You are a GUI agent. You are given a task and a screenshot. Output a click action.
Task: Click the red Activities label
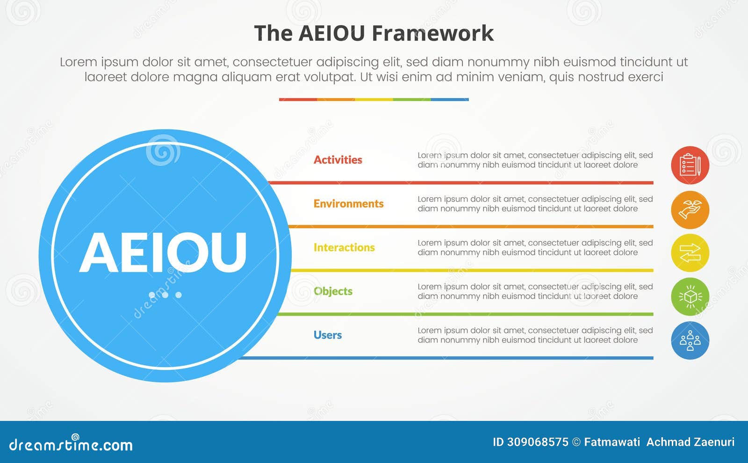tap(338, 160)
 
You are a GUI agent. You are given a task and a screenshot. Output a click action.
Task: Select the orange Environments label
tap(348, 204)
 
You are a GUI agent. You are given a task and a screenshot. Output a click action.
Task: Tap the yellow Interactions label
tap(344, 247)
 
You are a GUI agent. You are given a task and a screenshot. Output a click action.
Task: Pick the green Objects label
tap(333, 291)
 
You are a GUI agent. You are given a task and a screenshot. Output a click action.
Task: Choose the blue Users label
tap(327, 335)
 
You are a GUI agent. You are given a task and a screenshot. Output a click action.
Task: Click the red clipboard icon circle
tap(690, 165)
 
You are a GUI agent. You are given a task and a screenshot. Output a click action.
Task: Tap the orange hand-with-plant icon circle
tap(690, 210)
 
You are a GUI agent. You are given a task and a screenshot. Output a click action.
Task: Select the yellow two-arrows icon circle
tap(690, 253)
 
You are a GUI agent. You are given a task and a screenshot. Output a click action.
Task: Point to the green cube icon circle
tap(690, 297)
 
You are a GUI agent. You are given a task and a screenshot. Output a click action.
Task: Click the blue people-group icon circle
tap(690, 340)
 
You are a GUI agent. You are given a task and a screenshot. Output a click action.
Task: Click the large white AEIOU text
tap(163, 253)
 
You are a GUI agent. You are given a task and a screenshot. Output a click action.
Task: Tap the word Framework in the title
tap(432, 34)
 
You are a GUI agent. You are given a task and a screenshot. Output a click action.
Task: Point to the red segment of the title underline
tap(298, 100)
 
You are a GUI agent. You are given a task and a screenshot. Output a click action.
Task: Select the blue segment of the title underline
tap(450, 100)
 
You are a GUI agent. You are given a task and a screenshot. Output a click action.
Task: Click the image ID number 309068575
tap(537, 442)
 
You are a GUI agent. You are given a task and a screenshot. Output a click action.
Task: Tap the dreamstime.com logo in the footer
tap(71, 444)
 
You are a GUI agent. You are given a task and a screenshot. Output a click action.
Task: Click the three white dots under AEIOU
tap(165, 295)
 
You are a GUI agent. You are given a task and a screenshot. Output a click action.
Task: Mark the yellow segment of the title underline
tap(374, 100)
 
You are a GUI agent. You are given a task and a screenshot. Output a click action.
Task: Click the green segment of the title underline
tap(411, 100)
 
